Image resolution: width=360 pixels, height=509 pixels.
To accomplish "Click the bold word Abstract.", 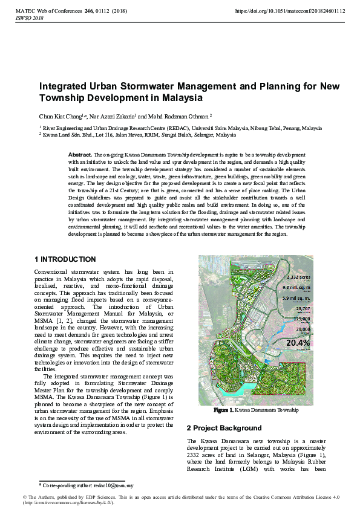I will pos(80,155).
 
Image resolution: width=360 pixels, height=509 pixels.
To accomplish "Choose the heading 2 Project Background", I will pos(224,428).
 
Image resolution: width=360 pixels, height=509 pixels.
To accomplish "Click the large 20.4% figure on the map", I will pos(298,343).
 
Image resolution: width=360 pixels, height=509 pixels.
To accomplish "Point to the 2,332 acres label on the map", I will pos(298,277).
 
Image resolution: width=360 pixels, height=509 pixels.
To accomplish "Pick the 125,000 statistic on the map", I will pos(301,319).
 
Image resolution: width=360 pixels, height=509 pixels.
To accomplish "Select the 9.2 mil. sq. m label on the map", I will pos(296,288).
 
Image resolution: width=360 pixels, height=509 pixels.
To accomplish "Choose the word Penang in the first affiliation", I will pos(292,129).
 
